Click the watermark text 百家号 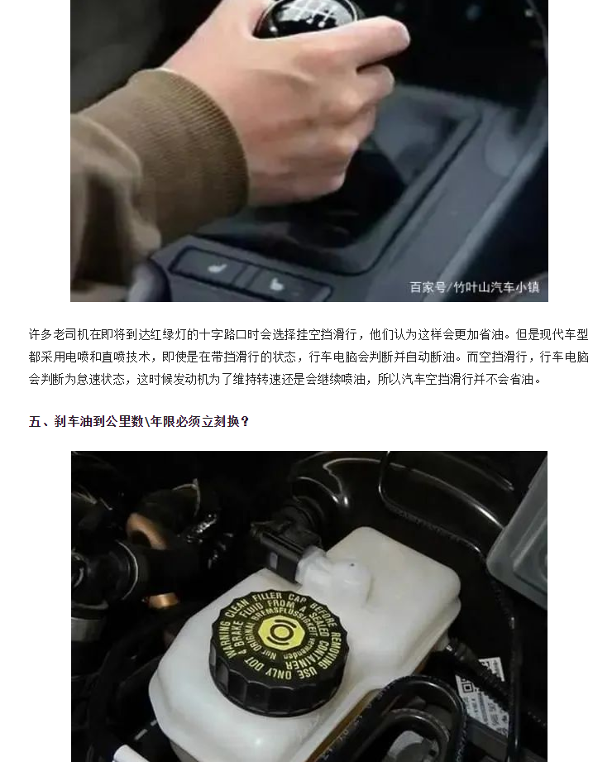tap(427, 288)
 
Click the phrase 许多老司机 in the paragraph tap(57, 335)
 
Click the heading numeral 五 tap(35, 422)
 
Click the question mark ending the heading tap(246, 422)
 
